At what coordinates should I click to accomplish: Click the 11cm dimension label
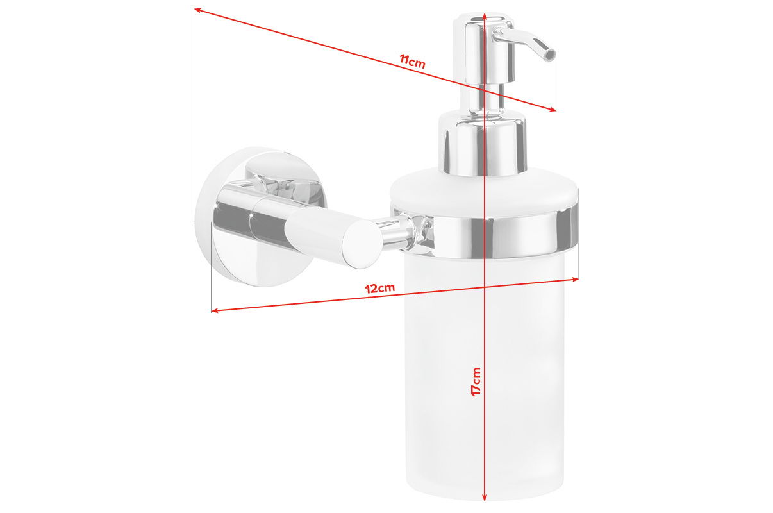pos(412,62)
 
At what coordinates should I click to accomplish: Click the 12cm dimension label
pos(380,288)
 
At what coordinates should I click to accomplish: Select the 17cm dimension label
pos(476,381)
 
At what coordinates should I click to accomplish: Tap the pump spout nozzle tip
pos(548,54)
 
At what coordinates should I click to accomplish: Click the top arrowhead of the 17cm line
pos(485,14)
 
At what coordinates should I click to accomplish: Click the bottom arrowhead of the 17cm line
pos(485,498)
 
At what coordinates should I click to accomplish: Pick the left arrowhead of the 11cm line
pos(199,11)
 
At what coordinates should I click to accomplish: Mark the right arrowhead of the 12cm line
pos(575,279)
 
